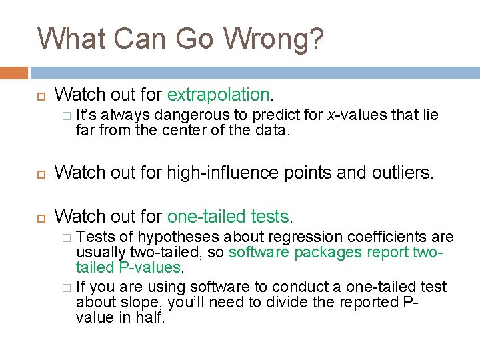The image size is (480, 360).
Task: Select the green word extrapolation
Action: click(x=219, y=94)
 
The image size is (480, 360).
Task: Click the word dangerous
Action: click(x=201, y=115)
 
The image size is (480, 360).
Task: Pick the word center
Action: click(x=183, y=130)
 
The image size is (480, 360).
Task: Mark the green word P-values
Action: click(x=151, y=267)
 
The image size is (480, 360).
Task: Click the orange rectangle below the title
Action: click(x=14, y=73)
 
